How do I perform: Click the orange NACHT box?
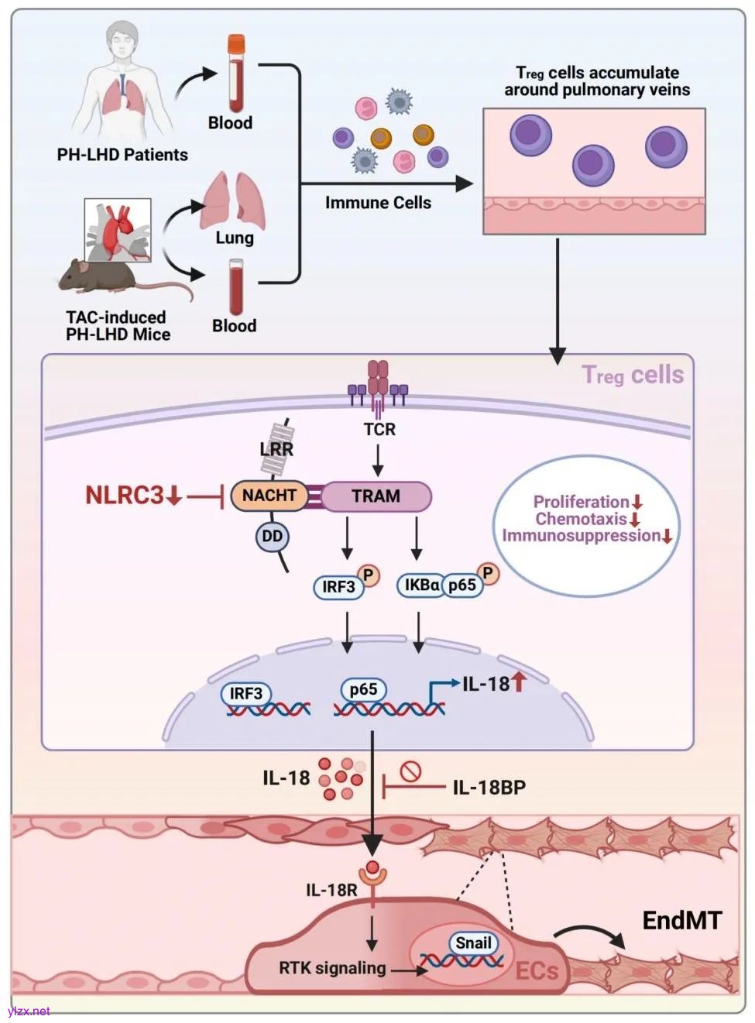click(x=269, y=496)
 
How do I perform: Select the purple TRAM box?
click(x=376, y=496)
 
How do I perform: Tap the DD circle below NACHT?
click(x=272, y=537)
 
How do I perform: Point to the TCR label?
click(x=379, y=430)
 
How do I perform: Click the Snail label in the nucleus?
click(x=473, y=942)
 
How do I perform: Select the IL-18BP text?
click(x=489, y=788)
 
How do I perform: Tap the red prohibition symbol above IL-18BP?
click(x=410, y=771)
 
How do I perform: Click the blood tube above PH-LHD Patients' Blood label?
click(x=235, y=73)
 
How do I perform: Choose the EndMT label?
click(x=681, y=921)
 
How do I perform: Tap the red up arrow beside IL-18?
click(x=519, y=681)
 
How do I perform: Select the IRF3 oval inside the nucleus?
click(x=246, y=693)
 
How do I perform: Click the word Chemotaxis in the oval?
click(x=581, y=519)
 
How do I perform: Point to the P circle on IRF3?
click(x=369, y=575)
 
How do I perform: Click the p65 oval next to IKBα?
click(x=462, y=585)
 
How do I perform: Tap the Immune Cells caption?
click(x=378, y=203)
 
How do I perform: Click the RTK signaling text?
click(x=332, y=968)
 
